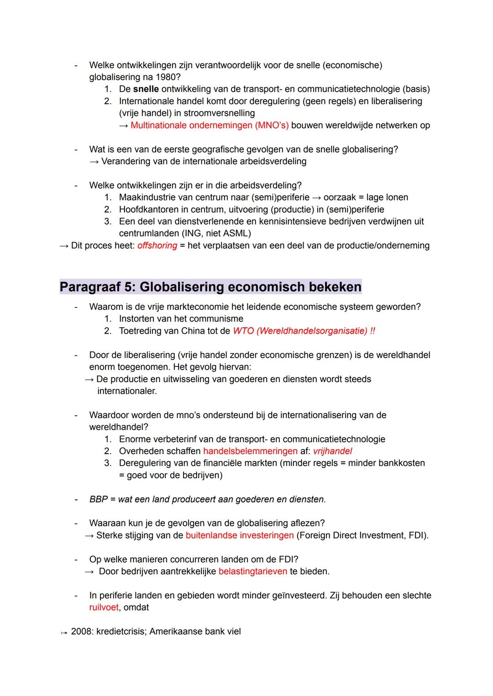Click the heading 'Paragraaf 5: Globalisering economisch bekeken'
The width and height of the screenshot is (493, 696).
[x=210, y=287]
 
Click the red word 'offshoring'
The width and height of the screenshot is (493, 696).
[x=157, y=246]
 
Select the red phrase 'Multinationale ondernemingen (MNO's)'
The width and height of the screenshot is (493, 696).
[x=210, y=125]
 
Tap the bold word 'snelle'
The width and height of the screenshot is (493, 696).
[x=146, y=89]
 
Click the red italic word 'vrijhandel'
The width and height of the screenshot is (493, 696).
[x=332, y=451]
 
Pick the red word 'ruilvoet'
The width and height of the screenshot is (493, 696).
[x=104, y=607]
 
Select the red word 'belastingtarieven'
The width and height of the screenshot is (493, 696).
[x=252, y=571]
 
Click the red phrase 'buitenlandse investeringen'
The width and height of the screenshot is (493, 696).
[x=240, y=535]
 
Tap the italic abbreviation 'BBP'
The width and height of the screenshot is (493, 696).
[x=99, y=499]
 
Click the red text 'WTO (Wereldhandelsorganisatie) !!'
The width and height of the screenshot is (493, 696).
[x=304, y=331]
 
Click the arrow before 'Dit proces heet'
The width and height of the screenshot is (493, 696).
[x=64, y=246]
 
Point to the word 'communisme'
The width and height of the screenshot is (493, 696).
[x=219, y=319]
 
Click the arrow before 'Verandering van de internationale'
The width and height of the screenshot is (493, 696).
[x=94, y=162]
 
